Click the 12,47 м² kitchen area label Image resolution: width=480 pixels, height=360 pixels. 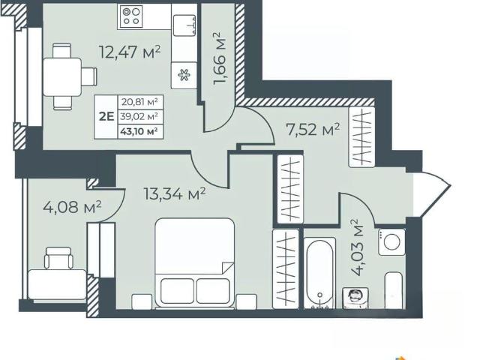click(130, 52)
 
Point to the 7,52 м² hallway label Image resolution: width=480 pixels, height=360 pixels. click(313, 130)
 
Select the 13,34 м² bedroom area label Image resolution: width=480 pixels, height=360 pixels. click(175, 193)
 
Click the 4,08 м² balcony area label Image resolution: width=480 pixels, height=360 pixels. click(72, 207)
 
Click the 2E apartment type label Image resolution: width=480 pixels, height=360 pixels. click(106, 116)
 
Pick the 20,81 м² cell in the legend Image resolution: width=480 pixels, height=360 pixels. click(140, 102)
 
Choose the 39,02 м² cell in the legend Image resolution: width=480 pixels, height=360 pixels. click(140, 116)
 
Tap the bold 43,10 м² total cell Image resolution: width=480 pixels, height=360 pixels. click(139, 131)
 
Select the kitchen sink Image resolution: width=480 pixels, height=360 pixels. click(184, 25)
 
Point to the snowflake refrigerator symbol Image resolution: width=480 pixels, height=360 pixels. click(184, 75)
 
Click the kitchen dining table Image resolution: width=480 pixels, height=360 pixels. click(62, 76)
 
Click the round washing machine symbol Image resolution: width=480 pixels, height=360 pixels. click(391, 241)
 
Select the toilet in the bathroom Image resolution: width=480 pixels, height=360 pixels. click(355, 298)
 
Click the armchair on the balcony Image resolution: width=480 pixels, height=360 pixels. click(58, 258)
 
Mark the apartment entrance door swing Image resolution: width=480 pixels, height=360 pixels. click(432, 194)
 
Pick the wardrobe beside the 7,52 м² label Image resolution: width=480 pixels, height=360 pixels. click(361, 136)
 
